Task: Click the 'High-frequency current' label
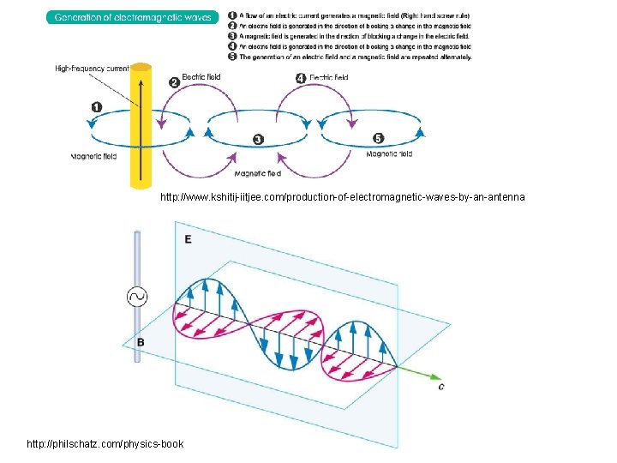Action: pyautogui.click(x=92, y=68)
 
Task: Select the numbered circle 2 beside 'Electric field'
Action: pyautogui.click(x=174, y=81)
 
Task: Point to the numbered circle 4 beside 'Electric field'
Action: pyautogui.click(x=300, y=78)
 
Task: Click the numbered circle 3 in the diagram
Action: pyautogui.click(x=258, y=139)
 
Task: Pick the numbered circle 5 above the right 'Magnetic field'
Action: pyautogui.click(x=379, y=138)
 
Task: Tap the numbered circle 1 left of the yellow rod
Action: pyautogui.click(x=96, y=107)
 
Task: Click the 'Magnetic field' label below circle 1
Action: pyautogui.click(x=94, y=156)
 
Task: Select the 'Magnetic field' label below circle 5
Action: pyautogui.click(x=389, y=154)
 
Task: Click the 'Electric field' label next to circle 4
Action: pyautogui.click(x=329, y=78)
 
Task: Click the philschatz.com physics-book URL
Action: pyautogui.click(x=105, y=443)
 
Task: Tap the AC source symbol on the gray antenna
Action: pyautogui.click(x=136, y=297)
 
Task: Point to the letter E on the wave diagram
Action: pyautogui.click(x=188, y=239)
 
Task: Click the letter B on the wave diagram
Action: pyautogui.click(x=141, y=342)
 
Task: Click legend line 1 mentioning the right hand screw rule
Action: pyautogui.click(x=355, y=16)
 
